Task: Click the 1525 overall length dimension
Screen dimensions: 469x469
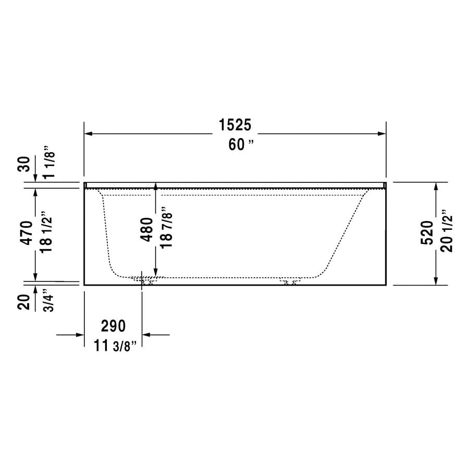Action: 235,125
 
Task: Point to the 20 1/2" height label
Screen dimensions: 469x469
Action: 447,231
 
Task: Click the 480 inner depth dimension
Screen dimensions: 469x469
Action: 146,229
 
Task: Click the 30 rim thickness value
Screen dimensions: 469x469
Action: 24,164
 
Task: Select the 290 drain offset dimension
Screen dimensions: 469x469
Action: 113,326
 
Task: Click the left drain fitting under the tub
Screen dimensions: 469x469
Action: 146,281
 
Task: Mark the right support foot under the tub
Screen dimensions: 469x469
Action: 290,282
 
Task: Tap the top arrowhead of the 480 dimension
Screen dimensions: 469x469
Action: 155,186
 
